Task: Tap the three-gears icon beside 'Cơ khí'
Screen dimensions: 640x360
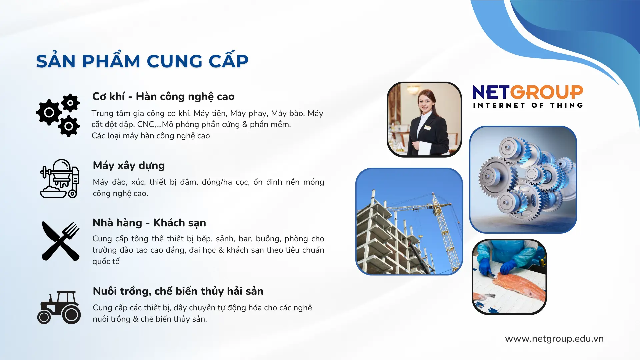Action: [x=58, y=115]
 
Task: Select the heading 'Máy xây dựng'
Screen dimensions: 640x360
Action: [x=129, y=166]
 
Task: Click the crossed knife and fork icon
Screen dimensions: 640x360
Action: [x=61, y=241]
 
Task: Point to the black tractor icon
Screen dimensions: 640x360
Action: [x=59, y=307]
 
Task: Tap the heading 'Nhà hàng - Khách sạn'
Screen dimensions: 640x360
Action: [x=149, y=223]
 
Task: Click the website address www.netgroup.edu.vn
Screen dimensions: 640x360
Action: [x=554, y=339]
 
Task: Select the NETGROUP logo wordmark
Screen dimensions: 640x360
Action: [x=528, y=92]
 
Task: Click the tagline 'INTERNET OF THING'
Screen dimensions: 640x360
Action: [x=528, y=105]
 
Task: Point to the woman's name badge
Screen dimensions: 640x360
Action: [x=428, y=128]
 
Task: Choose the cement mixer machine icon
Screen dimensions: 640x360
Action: [x=60, y=179]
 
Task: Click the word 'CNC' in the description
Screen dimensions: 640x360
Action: [x=146, y=124]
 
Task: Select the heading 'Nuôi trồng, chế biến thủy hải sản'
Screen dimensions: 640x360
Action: [x=178, y=291]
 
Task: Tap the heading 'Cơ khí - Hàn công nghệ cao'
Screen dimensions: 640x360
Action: [x=163, y=96]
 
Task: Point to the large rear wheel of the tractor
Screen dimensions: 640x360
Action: [x=71, y=314]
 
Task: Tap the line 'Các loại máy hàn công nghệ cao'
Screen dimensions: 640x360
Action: [x=151, y=136]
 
